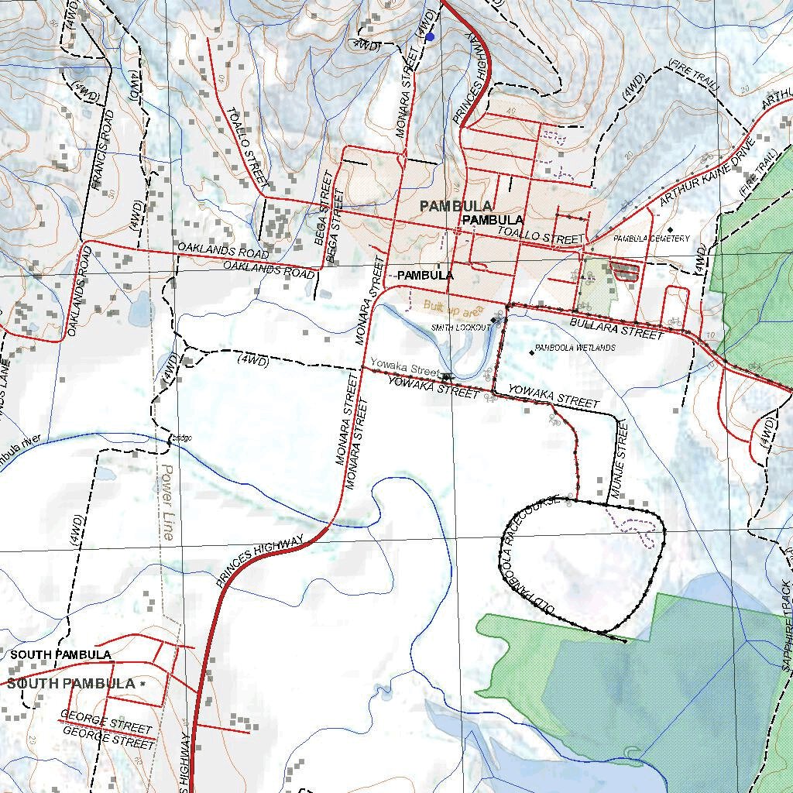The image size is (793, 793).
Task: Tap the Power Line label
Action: (166, 502)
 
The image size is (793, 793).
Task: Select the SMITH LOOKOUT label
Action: (462, 328)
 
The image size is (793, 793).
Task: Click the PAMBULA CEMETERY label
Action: (651, 239)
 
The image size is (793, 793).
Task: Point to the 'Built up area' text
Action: (452, 307)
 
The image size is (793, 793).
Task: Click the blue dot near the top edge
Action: (430, 36)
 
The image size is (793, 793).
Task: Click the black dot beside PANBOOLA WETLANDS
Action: (531, 353)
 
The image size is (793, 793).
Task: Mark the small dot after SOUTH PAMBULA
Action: (142, 685)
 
